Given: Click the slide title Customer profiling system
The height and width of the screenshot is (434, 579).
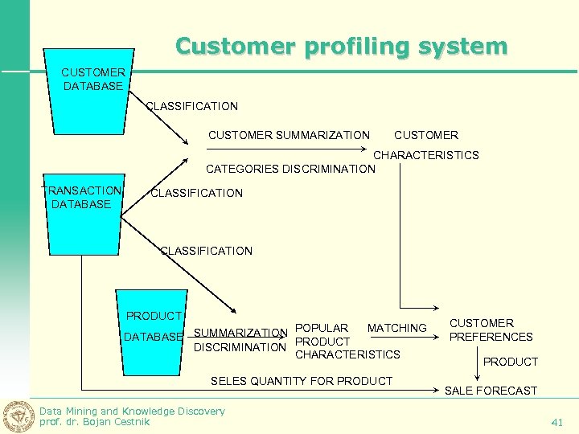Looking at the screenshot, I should pos(342,46).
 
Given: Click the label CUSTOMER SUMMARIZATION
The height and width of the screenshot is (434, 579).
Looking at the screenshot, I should pos(289,135).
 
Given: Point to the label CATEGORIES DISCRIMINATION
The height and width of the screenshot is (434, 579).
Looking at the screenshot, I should pos(290,169).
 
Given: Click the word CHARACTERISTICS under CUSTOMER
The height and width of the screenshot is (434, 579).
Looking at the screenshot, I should pos(426,155).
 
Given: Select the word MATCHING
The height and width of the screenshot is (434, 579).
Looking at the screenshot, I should pos(396,328).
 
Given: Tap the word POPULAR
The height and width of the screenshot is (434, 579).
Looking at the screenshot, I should pos(322,328).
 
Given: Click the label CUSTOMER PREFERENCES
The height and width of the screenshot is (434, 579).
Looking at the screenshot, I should pos(491,330).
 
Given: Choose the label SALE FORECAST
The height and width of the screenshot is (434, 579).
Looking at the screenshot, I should pos(491,391).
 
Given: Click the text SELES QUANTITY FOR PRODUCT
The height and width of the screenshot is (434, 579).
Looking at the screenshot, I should pos(301,381).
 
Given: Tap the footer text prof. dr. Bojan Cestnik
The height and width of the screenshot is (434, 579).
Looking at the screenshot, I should pos(95,422).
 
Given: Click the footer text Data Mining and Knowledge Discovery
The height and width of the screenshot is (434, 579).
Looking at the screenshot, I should pos(132,411).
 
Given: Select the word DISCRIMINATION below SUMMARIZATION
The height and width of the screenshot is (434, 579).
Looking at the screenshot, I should pos(240,347).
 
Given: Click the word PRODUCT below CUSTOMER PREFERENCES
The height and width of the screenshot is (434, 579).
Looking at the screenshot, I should pos(511,362).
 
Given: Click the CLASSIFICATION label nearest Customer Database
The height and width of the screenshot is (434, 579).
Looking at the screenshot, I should pos(191,106).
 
